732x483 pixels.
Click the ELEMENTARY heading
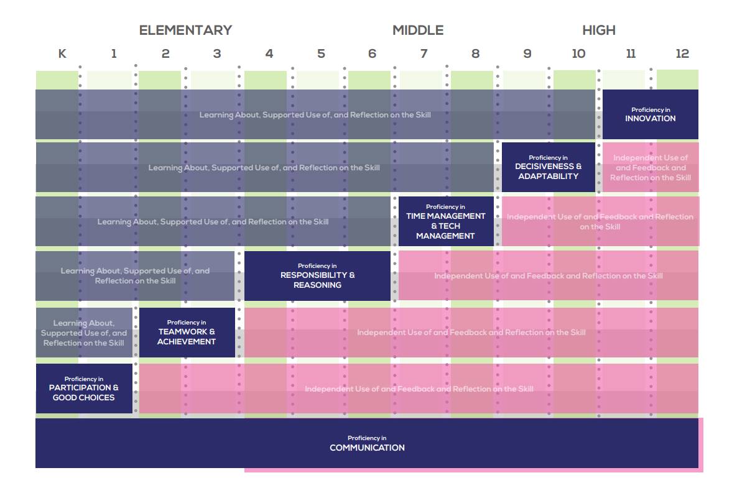coord(185,30)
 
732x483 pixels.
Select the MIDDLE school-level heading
coord(418,30)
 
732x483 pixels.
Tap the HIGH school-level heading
coord(598,30)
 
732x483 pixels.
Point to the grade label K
coord(62,53)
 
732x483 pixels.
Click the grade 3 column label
coord(217,53)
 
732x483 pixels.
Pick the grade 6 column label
coord(372,53)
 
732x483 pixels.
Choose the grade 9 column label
coord(527,53)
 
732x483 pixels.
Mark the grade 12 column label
coord(682,53)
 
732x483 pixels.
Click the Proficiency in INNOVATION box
coord(650,114)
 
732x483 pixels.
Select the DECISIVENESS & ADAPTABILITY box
coord(549,167)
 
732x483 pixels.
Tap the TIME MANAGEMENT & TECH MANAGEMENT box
coord(445,221)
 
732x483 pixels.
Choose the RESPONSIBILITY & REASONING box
coord(317,275)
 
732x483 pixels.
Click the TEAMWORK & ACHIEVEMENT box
coord(187,333)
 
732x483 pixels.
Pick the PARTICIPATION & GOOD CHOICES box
coord(84,389)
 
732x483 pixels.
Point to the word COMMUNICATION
coord(367,448)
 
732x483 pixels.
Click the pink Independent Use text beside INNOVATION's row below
coord(651,168)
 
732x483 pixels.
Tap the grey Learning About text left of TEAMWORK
coord(84,333)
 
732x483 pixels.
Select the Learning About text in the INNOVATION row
coord(315,115)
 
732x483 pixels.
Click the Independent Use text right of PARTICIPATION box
coord(419,389)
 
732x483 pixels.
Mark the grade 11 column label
coord(631,53)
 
